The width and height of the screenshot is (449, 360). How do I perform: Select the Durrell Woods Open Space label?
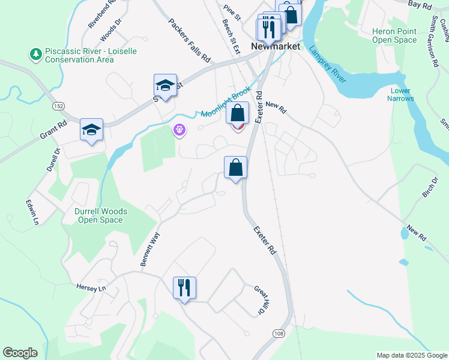click(98, 216)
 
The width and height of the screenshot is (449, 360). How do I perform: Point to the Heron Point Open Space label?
click(394, 35)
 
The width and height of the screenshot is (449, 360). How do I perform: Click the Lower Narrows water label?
click(399, 95)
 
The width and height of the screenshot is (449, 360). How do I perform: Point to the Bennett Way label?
click(150, 250)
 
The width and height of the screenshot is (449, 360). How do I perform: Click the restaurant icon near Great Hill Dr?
click(184, 288)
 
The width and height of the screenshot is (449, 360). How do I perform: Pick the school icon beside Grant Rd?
click(92, 130)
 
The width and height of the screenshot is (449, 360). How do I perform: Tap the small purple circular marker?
click(179, 130)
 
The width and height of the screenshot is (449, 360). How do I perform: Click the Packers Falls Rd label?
click(190, 41)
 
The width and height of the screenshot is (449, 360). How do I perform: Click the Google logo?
click(20, 353)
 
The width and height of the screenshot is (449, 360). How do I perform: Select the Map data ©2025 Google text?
click(412, 355)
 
